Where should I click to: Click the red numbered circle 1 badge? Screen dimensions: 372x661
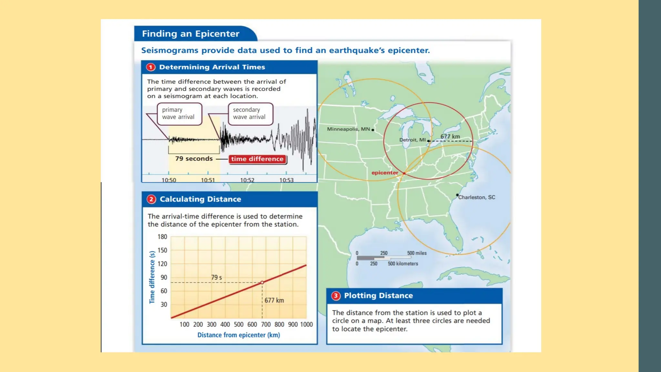click(x=151, y=67)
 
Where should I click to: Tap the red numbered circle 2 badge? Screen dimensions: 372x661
click(x=151, y=199)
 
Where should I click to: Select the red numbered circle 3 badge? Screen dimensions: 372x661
click(x=336, y=296)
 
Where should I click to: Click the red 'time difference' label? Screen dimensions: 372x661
click(x=257, y=159)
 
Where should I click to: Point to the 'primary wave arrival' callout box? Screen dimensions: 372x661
click(x=179, y=114)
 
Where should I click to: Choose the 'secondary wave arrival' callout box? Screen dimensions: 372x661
click(x=250, y=114)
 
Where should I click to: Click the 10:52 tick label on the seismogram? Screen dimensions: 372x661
click(x=247, y=180)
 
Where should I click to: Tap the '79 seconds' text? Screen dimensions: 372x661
click(x=194, y=159)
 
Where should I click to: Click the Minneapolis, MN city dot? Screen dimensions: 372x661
click(x=373, y=130)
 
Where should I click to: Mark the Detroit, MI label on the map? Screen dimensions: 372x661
click(x=412, y=140)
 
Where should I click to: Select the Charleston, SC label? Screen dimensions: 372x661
click(x=477, y=197)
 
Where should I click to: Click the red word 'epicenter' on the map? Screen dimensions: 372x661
click(x=385, y=173)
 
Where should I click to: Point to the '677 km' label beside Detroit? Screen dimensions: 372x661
click(x=450, y=137)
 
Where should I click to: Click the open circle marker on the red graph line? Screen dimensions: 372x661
click(x=262, y=283)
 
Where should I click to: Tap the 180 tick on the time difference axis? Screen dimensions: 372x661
click(x=162, y=237)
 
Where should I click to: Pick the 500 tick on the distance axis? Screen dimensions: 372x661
click(x=239, y=324)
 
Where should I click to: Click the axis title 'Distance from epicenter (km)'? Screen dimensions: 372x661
click(x=239, y=335)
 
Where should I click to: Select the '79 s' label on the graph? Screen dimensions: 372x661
click(x=216, y=277)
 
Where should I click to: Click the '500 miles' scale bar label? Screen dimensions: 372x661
click(x=417, y=253)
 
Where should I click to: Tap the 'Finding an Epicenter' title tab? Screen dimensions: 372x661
click(x=191, y=34)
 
